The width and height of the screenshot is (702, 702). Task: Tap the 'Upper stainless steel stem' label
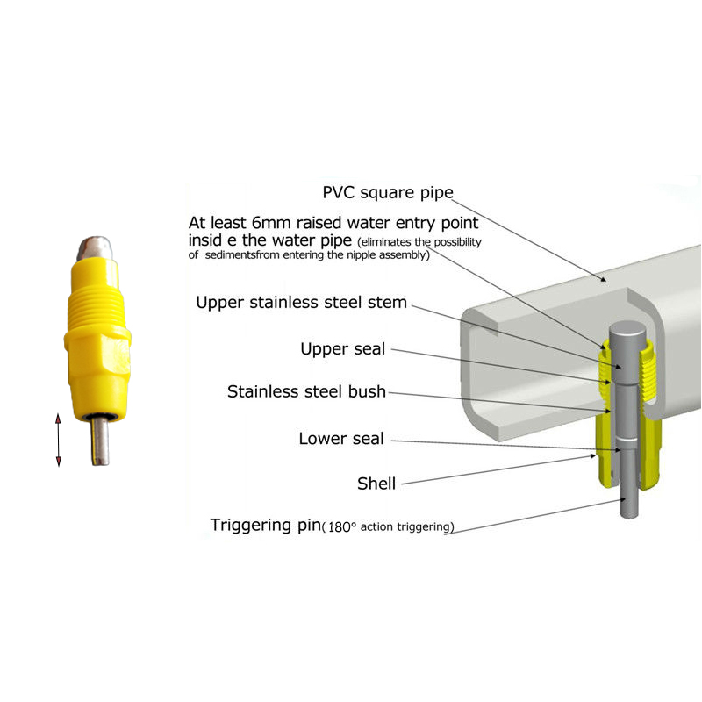pyautogui.click(x=301, y=303)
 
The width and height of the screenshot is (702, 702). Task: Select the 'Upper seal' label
pyautogui.click(x=342, y=349)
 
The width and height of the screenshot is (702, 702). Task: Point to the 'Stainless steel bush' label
pyautogui.click(x=306, y=391)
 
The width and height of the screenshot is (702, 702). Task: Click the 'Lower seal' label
pyautogui.click(x=340, y=439)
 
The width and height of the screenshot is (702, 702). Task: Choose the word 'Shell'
pyautogui.click(x=376, y=484)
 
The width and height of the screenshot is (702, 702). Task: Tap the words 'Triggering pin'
pyautogui.click(x=264, y=526)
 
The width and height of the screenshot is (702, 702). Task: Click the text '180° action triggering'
pyautogui.click(x=389, y=527)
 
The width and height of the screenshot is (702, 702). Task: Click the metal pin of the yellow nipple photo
pyautogui.click(x=99, y=443)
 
